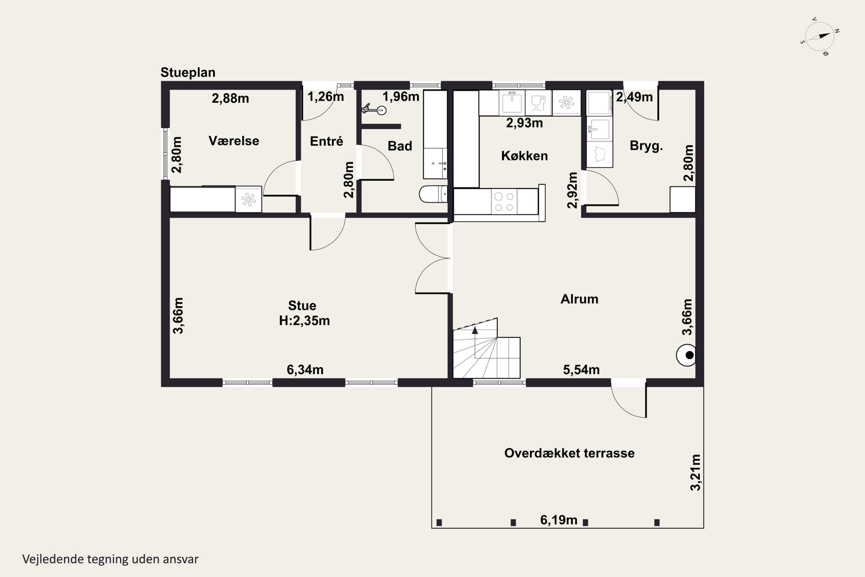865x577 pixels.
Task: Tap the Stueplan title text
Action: pyautogui.click(x=188, y=72)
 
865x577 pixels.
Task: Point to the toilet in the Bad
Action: pyautogui.click(x=433, y=194)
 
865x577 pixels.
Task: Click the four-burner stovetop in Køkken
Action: pyautogui.click(x=504, y=202)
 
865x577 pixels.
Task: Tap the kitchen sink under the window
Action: pyautogui.click(x=512, y=102)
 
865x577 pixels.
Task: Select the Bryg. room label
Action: pyautogui.click(x=646, y=146)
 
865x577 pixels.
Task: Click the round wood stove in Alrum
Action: pyautogui.click(x=686, y=355)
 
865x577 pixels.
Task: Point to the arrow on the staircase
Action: pyautogui.click(x=475, y=330)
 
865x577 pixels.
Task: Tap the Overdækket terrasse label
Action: pyautogui.click(x=569, y=453)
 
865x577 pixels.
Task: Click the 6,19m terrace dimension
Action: pyautogui.click(x=559, y=520)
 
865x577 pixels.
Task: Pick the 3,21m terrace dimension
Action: pyautogui.click(x=695, y=473)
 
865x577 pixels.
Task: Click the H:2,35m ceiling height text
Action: pyautogui.click(x=304, y=321)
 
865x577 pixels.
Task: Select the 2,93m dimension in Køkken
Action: pyautogui.click(x=524, y=123)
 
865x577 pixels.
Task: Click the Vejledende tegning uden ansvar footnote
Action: pyautogui.click(x=110, y=559)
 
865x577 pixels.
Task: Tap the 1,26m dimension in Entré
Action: pyautogui.click(x=326, y=97)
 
